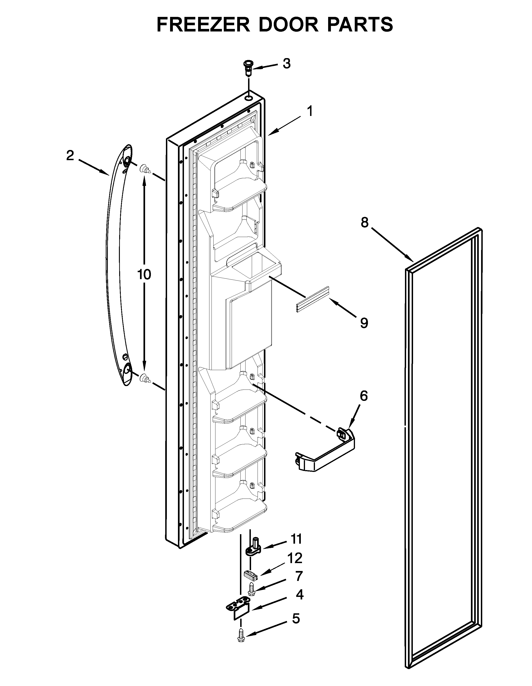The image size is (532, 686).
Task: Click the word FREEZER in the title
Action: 203,25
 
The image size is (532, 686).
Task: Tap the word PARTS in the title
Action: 360,25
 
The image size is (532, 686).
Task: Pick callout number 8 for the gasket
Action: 364,222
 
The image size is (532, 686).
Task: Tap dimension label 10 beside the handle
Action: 144,274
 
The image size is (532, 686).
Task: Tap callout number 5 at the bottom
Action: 296,619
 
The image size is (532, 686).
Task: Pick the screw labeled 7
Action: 252,589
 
